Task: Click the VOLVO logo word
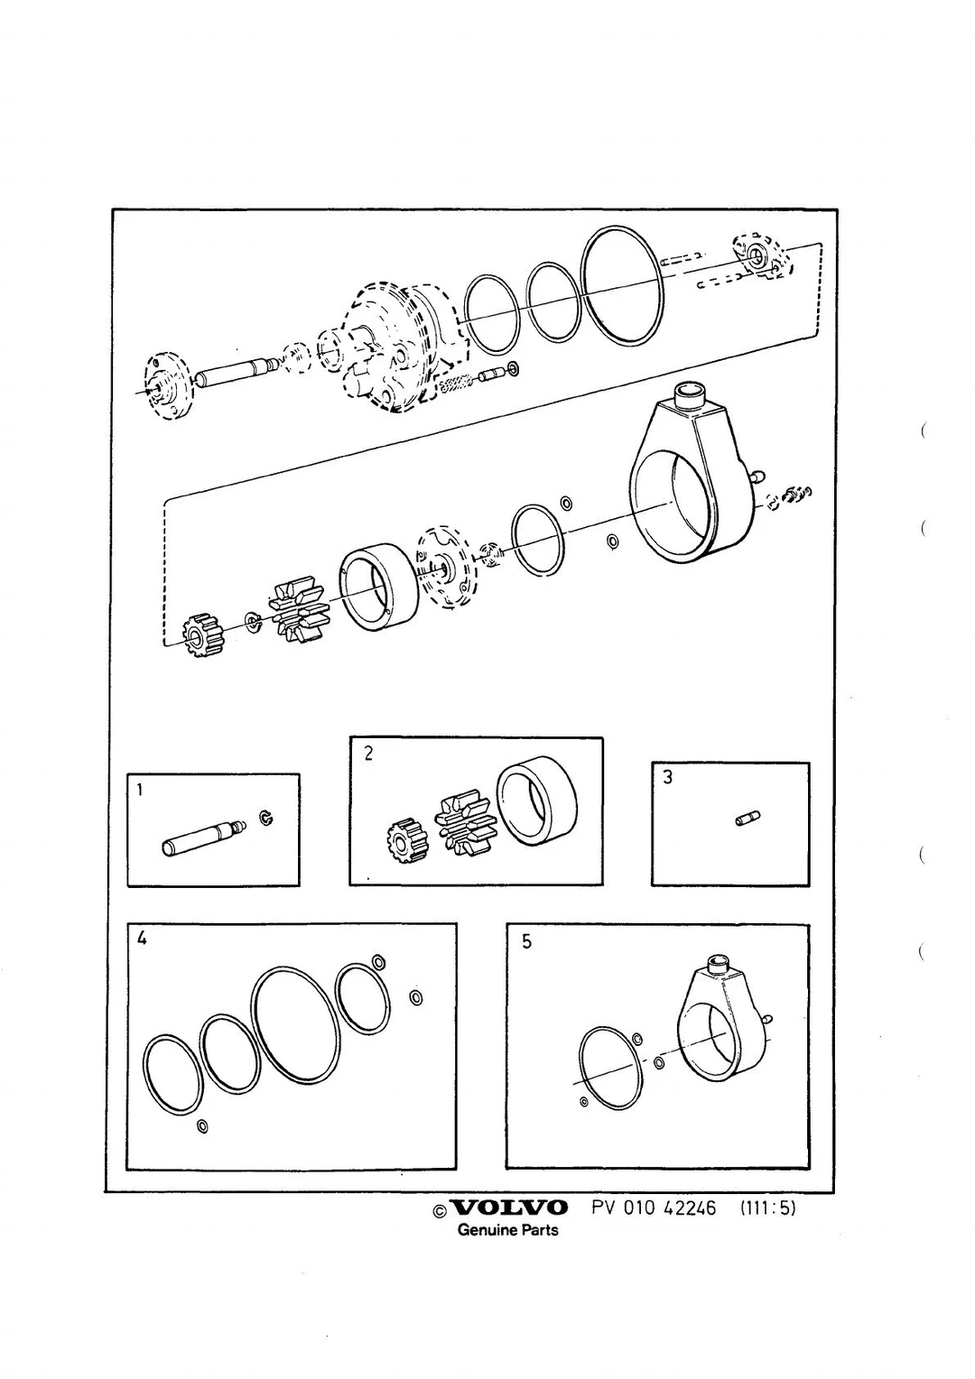(509, 1208)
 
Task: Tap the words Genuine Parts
(507, 1230)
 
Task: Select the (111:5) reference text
(768, 1208)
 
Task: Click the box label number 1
(140, 790)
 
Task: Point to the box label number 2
(368, 754)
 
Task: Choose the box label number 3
(668, 778)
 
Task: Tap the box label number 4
(143, 939)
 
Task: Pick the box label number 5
(526, 942)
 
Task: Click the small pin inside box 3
(747, 819)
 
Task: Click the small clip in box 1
(266, 819)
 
